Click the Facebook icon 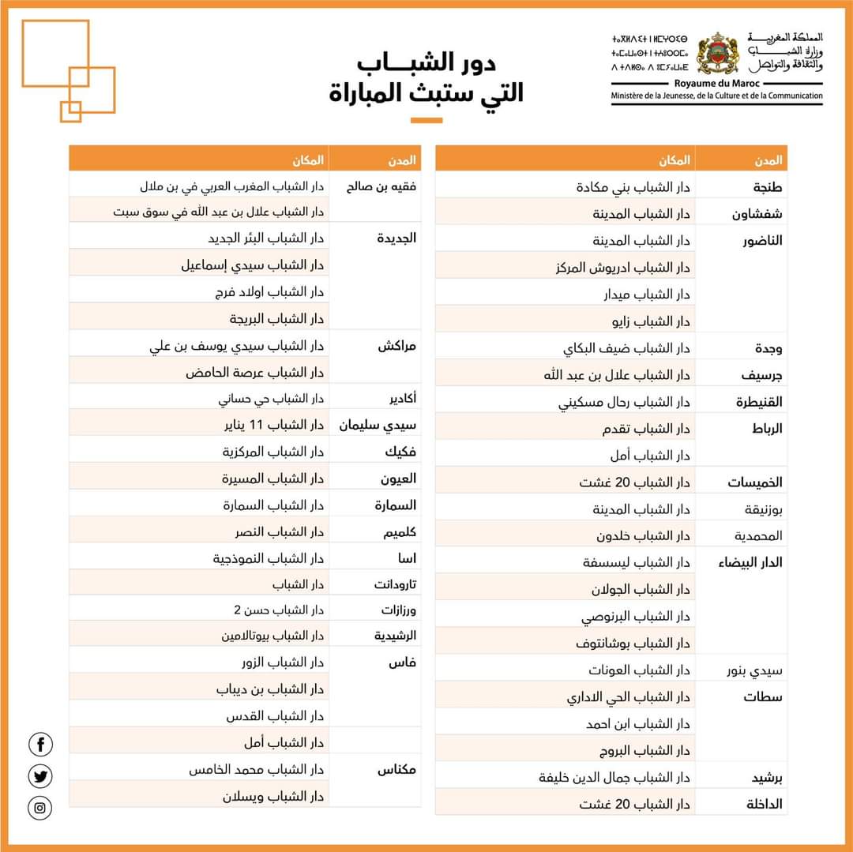pos(40,744)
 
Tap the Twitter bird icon pos(40,776)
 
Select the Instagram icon pos(40,808)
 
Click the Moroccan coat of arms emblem pos(717,54)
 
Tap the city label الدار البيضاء pos(750,563)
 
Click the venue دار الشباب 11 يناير pos(273,426)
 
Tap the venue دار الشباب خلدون pos(643,536)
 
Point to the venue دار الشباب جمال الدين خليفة pos(614,778)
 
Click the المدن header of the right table pos(763,160)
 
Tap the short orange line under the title pos(426,120)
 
